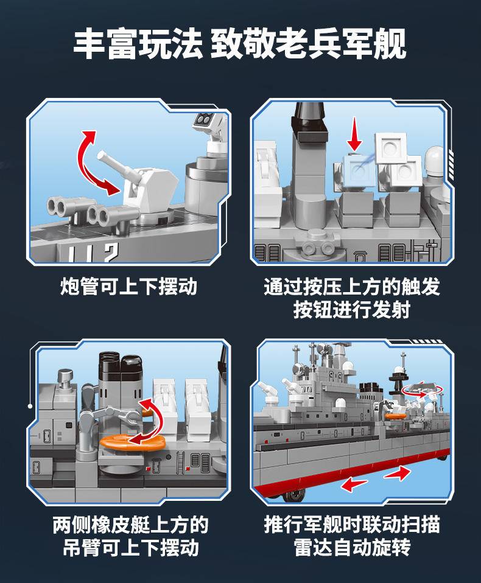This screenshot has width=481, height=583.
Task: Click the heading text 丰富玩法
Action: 138,45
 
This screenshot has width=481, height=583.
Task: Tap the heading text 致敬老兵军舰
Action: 309,45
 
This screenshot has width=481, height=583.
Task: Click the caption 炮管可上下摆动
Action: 128,286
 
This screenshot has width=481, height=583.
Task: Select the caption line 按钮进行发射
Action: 351,309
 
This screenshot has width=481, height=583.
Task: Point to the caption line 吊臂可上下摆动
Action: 130,548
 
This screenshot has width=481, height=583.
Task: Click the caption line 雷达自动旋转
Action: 352,548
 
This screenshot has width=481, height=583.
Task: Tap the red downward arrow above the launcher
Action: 354,133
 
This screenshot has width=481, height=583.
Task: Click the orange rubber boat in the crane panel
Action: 132,442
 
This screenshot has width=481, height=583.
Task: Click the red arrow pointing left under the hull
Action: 354,484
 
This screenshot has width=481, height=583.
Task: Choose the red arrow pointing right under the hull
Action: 398,473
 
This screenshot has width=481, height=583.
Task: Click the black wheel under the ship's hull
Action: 295,495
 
